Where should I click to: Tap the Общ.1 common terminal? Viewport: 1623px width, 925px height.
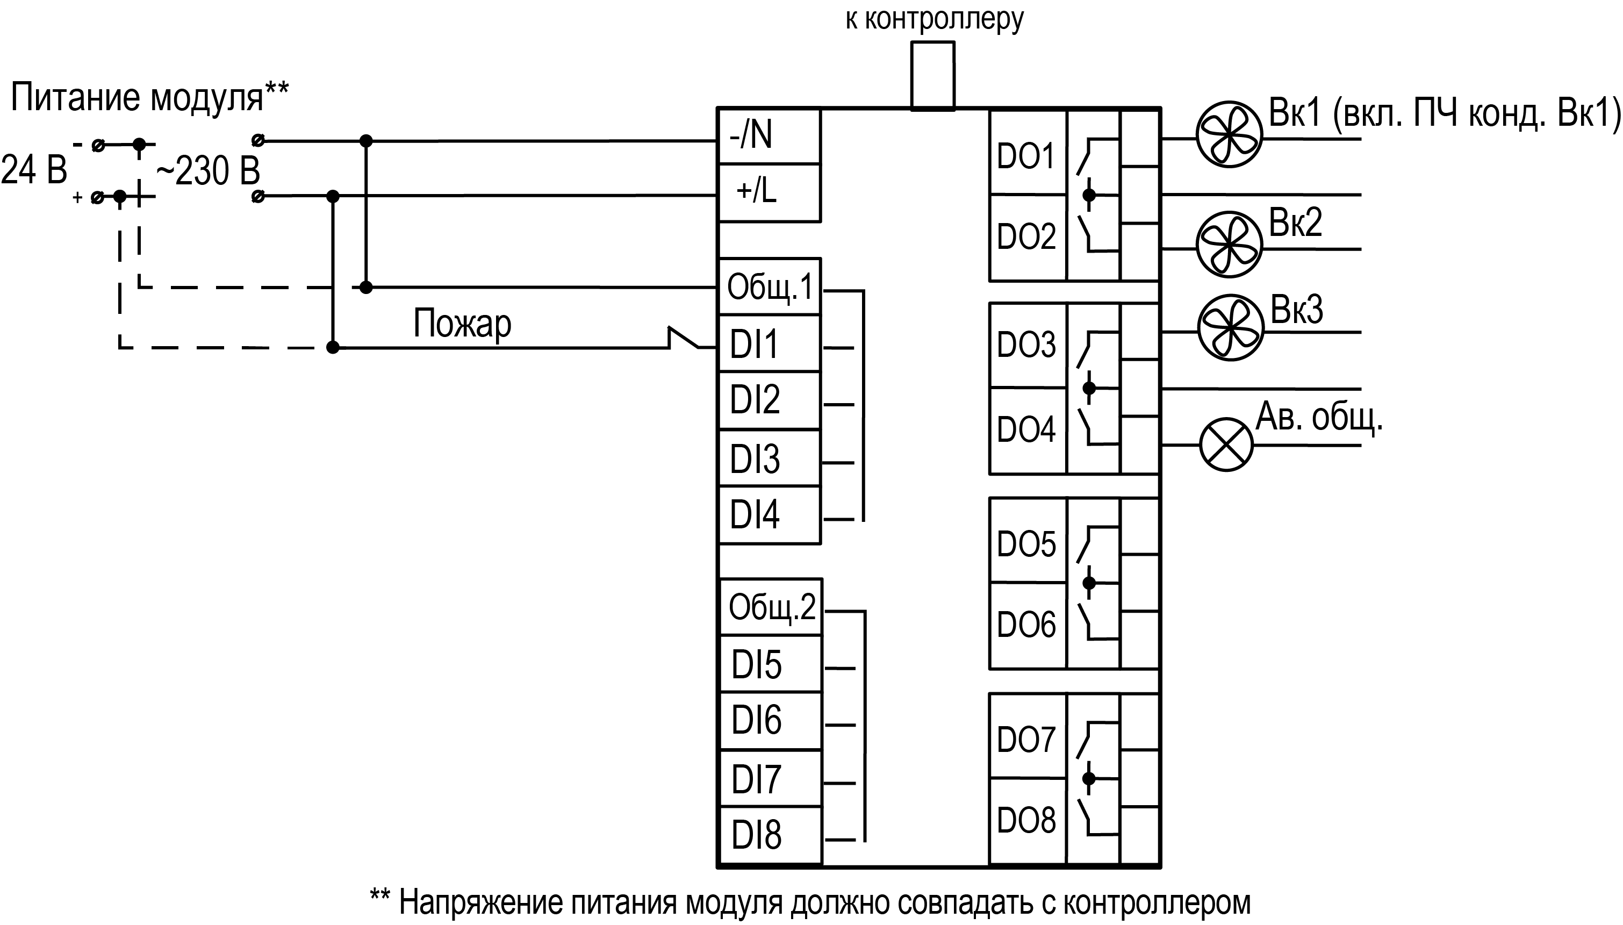click(769, 286)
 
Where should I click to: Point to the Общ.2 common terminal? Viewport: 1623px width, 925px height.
click(771, 607)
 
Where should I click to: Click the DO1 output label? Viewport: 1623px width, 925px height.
click(1026, 156)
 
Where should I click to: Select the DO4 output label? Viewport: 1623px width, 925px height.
click(1026, 429)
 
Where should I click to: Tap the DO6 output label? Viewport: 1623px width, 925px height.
click(1026, 625)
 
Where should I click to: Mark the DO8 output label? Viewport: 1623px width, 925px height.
click(1026, 820)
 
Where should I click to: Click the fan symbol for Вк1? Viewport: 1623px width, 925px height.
click(1229, 135)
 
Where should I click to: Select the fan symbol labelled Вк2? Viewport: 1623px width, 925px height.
click(1229, 245)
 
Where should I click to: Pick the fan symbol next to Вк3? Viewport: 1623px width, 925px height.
click(1231, 328)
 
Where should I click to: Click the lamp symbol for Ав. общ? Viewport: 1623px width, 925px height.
click(1226, 444)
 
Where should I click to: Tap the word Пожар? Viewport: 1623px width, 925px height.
click(462, 324)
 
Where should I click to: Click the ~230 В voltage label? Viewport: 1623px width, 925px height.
click(209, 171)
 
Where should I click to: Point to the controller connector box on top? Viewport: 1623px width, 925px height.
click(932, 76)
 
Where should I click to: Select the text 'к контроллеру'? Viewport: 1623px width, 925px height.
click(934, 19)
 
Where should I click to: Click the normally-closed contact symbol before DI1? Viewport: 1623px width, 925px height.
click(685, 339)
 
